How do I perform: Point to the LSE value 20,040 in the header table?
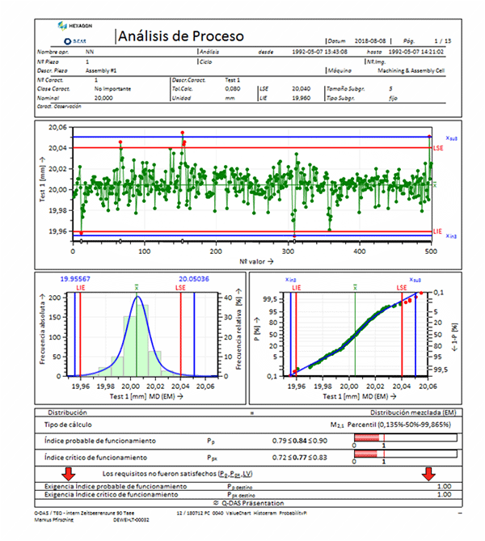(x=300, y=88)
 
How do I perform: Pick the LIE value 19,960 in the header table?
(x=300, y=97)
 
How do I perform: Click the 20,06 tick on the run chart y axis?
(x=57, y=128)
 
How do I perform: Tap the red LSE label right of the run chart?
(x=439, y=149)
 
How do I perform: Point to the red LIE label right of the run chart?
(x=438, y=231)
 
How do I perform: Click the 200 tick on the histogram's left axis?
(x=56, y=298)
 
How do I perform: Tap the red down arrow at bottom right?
(x=428, y=473)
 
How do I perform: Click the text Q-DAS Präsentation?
(x=242, y=501)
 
